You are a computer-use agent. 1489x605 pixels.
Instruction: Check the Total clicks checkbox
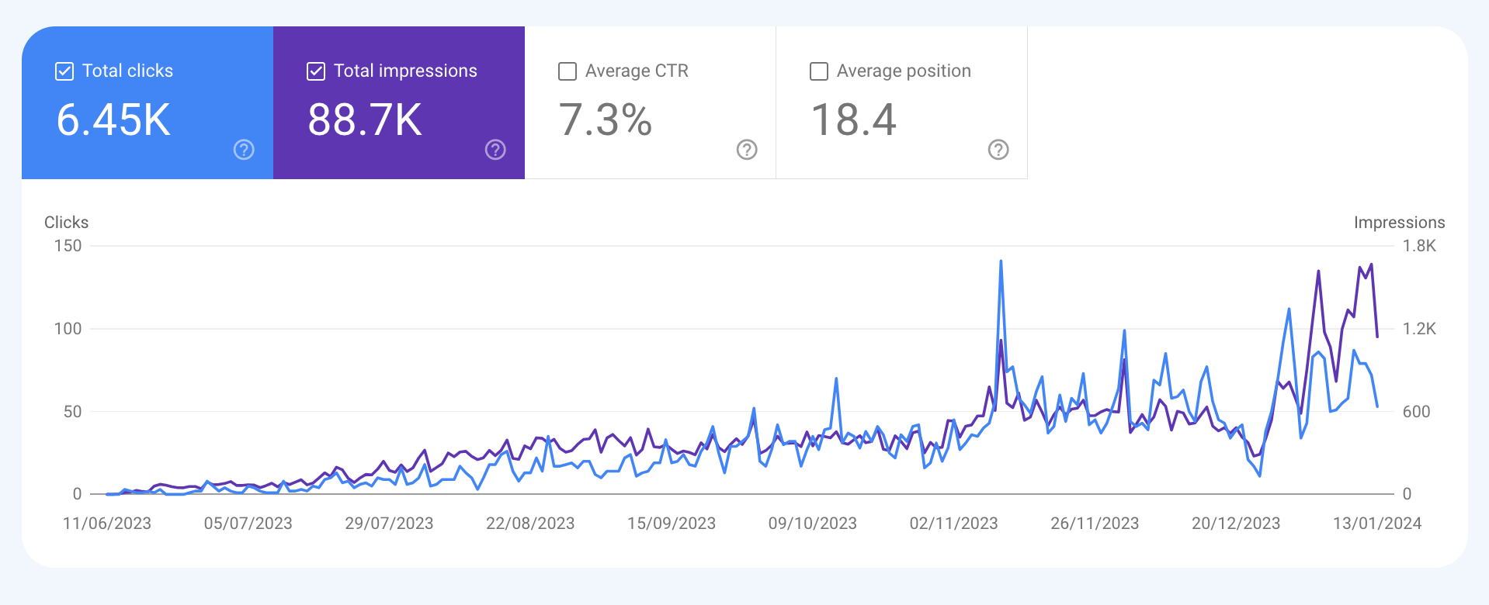click(64, 71)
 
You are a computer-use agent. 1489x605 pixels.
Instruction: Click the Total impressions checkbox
click(316, 71)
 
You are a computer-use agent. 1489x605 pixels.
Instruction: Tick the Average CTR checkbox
click(567, 71)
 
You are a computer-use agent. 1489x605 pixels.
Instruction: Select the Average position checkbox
click(819, 71)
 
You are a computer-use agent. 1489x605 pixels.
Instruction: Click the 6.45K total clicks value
click(113, 120)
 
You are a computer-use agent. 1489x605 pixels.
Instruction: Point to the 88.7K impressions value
click(365, 120)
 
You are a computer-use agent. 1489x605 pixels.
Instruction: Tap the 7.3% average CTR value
click(606, 120)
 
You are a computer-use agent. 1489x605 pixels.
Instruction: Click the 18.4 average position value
click(853, 120)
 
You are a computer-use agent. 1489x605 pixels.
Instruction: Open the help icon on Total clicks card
click(244, 150)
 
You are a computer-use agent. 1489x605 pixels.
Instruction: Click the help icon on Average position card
click(998, 150)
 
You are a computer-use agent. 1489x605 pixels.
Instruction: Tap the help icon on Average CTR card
click(747, 150)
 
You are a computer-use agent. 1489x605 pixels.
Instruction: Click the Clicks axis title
click(66, 223)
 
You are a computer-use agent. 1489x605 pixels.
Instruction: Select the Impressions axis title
click(1399, 223)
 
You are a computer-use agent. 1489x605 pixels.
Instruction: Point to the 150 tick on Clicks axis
click(68, 246)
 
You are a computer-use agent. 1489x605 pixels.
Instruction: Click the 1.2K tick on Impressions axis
click(1419, 329)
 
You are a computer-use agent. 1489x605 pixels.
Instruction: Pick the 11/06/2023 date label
click(107, 524)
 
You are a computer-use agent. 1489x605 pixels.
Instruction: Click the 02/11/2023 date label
click(953, 524)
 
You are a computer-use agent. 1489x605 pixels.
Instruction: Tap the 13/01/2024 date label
click(1377, 524)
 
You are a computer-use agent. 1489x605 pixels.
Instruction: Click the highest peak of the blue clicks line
click(1001, 261)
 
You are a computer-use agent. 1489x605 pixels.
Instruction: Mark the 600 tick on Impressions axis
click(1416, 412)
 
